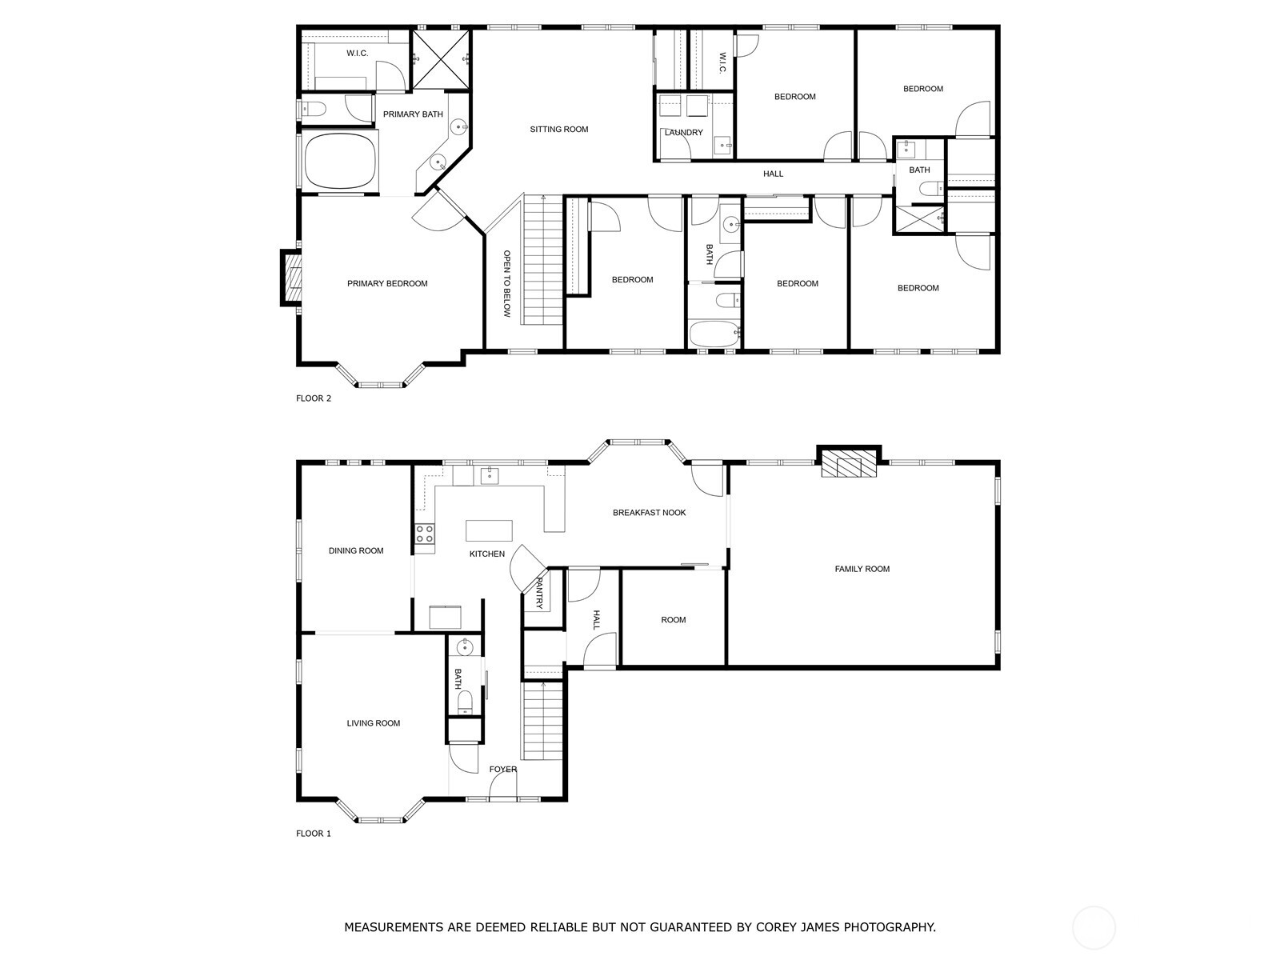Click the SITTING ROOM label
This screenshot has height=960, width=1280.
click(558, 130)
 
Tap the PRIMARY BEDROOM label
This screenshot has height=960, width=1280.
click(387, 284)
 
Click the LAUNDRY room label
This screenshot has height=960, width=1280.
click(683, 133)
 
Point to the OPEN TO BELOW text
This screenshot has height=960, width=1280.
click(506, 284)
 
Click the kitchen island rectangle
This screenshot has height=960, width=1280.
click(489, 530)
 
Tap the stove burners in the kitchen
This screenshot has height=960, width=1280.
click(425, 534)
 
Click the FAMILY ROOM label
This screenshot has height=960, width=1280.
click(862, 570)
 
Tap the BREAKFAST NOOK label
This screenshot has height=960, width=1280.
click(649, 513)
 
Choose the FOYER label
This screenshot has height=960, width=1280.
click(503, 770)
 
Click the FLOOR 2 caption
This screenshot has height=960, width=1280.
click(314, 398)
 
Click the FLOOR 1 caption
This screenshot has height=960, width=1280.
click(314, 834)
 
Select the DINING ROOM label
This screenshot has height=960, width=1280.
click(356, 551)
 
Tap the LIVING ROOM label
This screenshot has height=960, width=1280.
click(373, 724)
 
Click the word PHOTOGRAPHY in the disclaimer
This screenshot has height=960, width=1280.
click(890, 928)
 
